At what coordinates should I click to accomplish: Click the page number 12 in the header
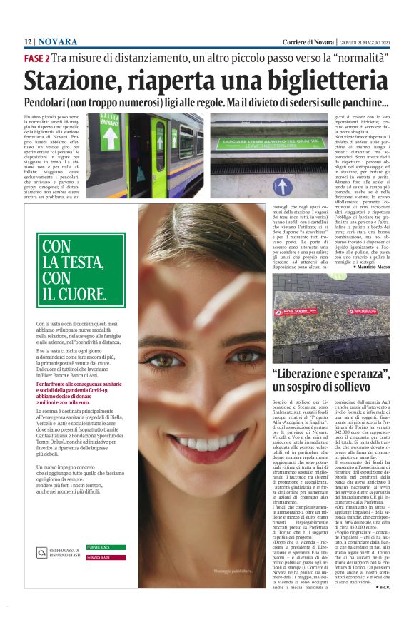coord(28,42)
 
